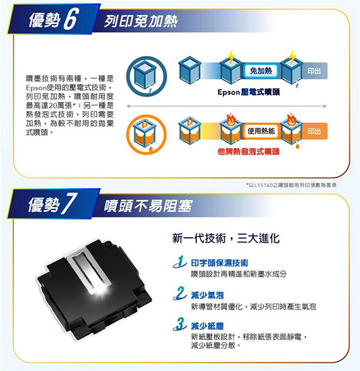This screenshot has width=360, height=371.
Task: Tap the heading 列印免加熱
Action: coord(141,21)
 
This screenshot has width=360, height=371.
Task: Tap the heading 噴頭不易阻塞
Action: coord(148,206)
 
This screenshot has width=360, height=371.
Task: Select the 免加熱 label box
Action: coord(261,71)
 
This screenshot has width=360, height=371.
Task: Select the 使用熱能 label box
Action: coord(261,131)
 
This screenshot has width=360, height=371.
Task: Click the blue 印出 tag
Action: coord(315,71)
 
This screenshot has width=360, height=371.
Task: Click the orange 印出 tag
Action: coord(315,131)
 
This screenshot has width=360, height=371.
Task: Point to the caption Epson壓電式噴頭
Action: coord(249,92)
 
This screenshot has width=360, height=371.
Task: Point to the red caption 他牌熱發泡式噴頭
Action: coord(249,151)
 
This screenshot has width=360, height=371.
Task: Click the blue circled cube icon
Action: coord(147,76)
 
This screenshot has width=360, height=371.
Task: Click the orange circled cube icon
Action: coord(147,134)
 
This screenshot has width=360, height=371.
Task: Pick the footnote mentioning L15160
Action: coord(291,185)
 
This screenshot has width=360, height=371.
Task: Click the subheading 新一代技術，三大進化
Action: coord(226,238)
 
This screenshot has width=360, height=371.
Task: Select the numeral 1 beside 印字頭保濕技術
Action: coord(180,262)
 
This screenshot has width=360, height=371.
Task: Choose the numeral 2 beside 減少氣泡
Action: coord(180,293)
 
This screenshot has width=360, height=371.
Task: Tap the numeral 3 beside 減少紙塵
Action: coord(180,324)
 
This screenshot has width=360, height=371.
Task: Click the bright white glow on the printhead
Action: coord(100,291)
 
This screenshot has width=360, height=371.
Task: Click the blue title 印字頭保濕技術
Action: coord(220,263)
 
